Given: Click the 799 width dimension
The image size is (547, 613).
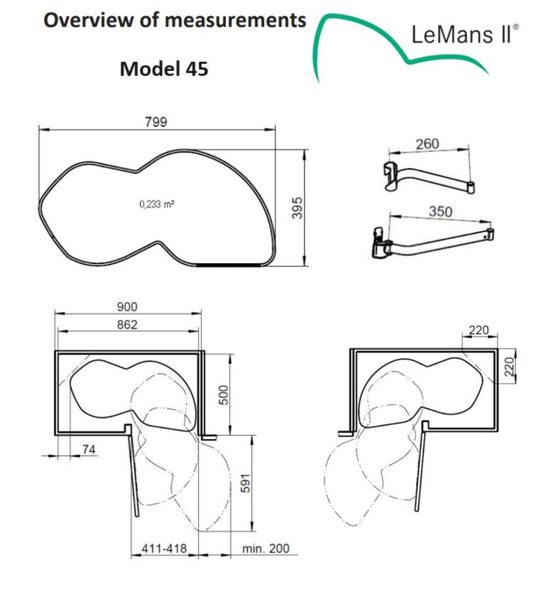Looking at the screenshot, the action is [x=156, y=122].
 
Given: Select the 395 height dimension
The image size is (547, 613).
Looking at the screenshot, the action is [x=298, y=208].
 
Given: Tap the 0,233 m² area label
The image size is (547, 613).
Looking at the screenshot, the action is [x=157, y=204].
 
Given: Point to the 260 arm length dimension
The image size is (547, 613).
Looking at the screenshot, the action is [x=427, y=144].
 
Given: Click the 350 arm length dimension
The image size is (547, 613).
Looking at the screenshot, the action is [x=440, y=211].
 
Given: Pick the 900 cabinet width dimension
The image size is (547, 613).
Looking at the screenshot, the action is [x=127, y=306].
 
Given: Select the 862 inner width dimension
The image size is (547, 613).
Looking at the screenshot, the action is [x=127, y=325].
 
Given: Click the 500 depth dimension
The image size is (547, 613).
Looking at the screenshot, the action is [x=223, y=395].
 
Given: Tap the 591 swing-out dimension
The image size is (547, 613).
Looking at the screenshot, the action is [x=245, y=483].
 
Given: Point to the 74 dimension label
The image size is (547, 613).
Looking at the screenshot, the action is [x=89, y=449].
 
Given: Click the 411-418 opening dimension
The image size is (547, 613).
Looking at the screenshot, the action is [x=164, y=548].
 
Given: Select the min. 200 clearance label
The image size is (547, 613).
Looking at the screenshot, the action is [x=266, y=548].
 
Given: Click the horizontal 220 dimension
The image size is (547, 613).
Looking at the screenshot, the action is [x=479, y=330].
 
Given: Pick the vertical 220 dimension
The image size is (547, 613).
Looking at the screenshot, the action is [x=509, y=366].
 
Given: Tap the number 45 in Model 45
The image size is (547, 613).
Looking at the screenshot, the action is [x=196, y=69].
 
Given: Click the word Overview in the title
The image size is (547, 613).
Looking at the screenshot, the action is [x=89, y=20].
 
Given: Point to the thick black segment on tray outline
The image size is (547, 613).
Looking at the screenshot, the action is [x=228, y=265].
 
